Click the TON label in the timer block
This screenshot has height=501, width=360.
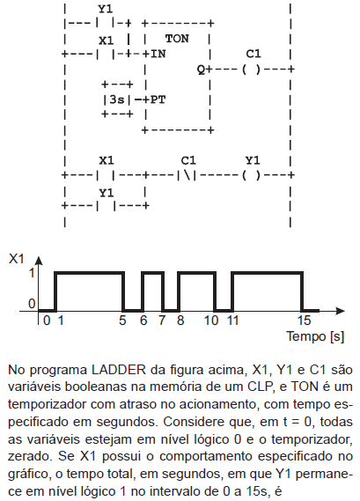pos(177,39)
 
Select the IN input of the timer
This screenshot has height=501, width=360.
pos(158,54)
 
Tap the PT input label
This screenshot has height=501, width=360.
pos(158,99)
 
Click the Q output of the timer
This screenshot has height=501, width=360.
pos(202,70)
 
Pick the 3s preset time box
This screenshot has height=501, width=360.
pos(117,99)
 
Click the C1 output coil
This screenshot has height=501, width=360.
pos(252,70)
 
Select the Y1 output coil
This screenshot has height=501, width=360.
pos(252,175)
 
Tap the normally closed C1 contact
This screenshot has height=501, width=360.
pos(187,175)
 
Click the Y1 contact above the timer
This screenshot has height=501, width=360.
pos(106,23)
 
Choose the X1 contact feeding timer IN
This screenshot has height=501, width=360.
pos(106,54)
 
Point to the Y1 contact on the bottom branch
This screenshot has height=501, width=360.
pos(106,206)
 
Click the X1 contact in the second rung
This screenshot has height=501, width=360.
pos(106,175)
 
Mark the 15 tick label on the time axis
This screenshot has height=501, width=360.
pos(304,320)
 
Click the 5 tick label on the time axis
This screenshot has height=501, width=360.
pos(122,320)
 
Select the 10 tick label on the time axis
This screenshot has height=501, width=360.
pos(211,320)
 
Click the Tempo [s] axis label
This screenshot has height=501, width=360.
pos(315,336)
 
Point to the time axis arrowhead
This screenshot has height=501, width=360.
pos(341,311)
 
